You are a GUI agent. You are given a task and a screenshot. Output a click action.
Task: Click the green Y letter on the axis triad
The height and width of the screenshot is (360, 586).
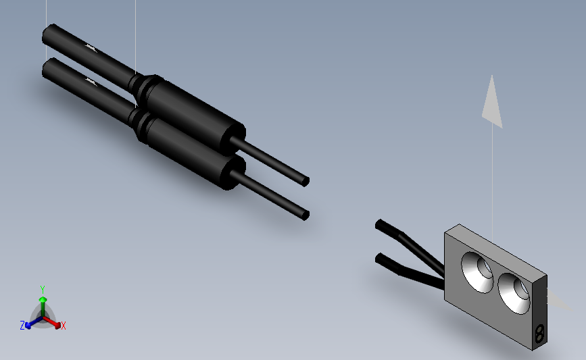tap(42, 288)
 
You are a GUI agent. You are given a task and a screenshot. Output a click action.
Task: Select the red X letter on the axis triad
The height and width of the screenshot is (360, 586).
tap(64, 326)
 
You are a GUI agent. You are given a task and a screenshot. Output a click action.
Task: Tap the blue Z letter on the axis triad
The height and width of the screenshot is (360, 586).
tap(22, 326)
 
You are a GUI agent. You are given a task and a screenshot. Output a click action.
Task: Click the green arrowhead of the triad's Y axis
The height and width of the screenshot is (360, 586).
tap(43, 299)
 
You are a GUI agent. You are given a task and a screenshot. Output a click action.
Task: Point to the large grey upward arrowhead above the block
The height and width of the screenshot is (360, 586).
tap(493, 101)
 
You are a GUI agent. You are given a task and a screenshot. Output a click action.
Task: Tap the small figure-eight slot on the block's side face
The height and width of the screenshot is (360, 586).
tap(539, 333)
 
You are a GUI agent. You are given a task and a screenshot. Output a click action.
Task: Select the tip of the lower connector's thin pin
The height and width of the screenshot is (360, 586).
tap(305, 215)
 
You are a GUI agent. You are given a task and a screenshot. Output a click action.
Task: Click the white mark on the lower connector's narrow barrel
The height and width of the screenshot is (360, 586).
tap(89, 81)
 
